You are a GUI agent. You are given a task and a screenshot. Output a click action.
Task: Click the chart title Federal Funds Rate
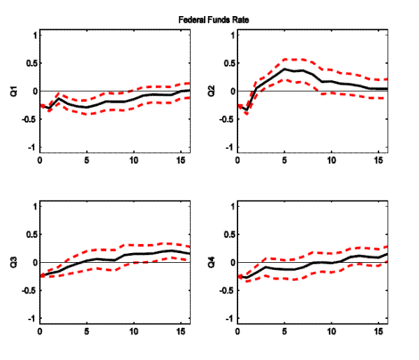209,20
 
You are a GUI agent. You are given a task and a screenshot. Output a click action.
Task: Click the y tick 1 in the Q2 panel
232,34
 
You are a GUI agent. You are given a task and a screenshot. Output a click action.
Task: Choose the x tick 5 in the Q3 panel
87,331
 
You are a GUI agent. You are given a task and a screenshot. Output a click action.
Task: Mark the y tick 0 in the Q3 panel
33,262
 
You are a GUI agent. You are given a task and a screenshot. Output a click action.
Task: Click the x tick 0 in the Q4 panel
238,331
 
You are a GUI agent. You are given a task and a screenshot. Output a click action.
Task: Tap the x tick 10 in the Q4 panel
332,331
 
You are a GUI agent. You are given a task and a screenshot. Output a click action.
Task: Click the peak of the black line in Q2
285,69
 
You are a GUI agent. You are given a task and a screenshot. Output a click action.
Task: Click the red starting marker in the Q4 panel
240,277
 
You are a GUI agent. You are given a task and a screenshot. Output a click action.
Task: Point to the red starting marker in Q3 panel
41,275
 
